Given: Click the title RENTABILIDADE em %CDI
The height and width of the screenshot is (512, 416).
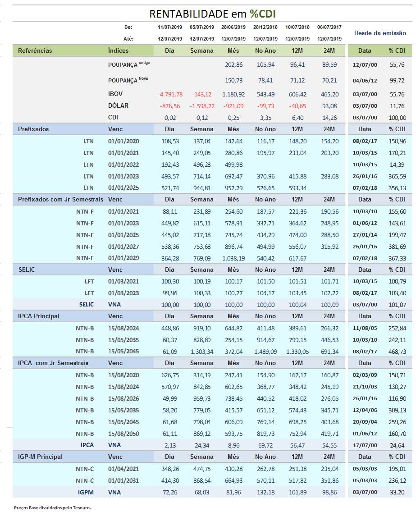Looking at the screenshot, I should tap(212, 14).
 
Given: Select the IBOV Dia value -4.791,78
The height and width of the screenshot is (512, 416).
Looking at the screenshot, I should tap(170, 94).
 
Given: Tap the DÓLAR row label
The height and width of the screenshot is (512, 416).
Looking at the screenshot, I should tap(118, 106).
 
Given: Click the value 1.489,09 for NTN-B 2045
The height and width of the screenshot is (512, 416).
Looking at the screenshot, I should tap(265, 352).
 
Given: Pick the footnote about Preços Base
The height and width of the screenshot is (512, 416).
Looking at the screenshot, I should tap(52, 507).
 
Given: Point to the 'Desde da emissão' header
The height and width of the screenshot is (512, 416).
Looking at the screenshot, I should tap(380, 33).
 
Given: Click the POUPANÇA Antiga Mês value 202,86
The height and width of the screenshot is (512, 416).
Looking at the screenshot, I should tap(233, 64).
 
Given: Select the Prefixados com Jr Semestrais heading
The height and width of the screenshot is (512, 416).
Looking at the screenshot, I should tap(60, 199).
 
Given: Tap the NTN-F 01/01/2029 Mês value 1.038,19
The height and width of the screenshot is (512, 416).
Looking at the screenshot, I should tap(233, 258).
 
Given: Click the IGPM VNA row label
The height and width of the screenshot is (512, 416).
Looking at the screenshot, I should tap(87, 492).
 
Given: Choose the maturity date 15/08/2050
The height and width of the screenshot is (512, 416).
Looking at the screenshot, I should tap(123, 434).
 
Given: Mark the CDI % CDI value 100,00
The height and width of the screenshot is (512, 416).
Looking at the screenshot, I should tap(397, 118).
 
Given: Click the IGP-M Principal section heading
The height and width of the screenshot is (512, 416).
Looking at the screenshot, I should tap(40, 457).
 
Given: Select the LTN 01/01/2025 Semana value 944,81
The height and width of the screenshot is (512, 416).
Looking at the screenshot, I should tap(201, 187).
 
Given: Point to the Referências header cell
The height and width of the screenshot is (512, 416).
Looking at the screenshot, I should tap(35, 50).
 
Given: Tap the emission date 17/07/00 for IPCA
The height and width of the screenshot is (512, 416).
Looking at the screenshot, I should tap(365, 445).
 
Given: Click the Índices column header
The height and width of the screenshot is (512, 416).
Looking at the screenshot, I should tap(118, 50).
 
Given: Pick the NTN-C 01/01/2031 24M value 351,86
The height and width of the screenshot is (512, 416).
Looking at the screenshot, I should tap(329, 480).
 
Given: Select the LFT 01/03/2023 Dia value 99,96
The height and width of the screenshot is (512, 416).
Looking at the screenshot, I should tap(170, 293).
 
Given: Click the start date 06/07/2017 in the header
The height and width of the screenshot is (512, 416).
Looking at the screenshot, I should tap(329, 27).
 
